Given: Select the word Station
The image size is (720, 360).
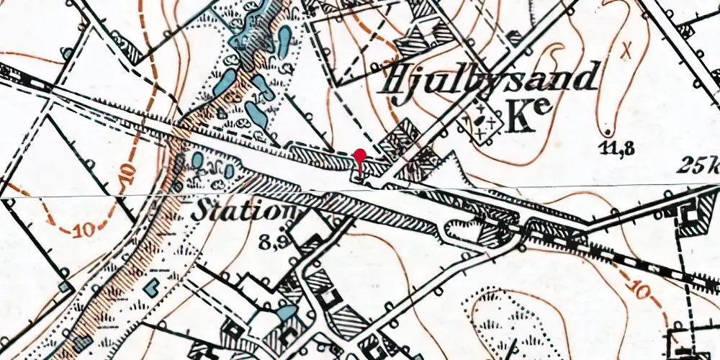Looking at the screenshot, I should (x=244, y=212).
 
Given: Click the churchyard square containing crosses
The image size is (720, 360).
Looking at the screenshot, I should (x=482, y=122).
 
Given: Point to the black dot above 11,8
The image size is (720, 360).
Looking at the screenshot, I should (x=608, y=132).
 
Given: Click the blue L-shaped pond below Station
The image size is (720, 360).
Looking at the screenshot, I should (x=152, y=287).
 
